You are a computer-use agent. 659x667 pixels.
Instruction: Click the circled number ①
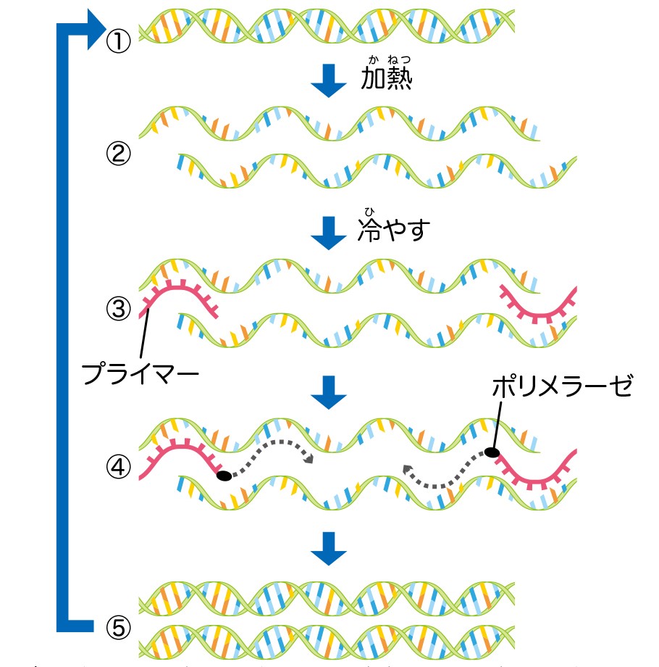click(118, 41)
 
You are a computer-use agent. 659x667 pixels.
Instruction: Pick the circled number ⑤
click(118, 626)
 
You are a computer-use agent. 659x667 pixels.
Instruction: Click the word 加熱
click(386, 78)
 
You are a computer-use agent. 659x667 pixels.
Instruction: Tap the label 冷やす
click(394, 231)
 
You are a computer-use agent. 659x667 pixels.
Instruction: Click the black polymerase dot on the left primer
click(224, 476)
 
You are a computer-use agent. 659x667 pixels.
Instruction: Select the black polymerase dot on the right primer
click(492, 453)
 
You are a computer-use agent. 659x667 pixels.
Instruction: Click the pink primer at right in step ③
click(539, 308)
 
